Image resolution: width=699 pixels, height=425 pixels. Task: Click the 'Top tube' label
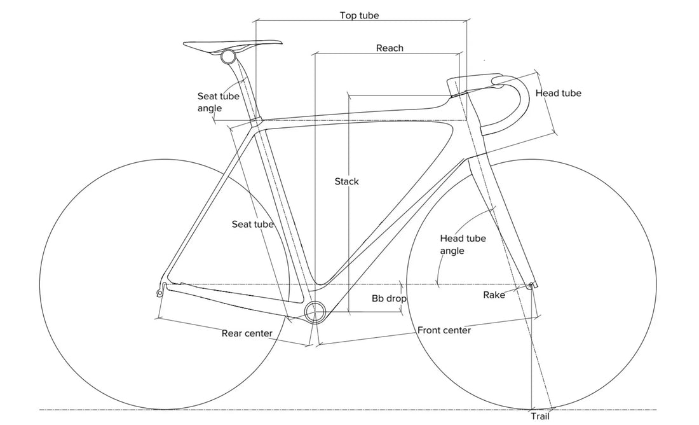359,15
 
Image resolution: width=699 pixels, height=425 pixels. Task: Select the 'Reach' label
390,48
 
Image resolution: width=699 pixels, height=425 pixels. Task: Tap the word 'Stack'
347,181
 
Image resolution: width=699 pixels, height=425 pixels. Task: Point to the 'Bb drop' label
389,298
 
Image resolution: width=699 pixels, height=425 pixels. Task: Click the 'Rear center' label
247,333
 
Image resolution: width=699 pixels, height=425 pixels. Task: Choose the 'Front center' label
444,330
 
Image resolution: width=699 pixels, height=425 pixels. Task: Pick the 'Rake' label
494,295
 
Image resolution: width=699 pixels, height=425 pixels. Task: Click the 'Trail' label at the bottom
540,417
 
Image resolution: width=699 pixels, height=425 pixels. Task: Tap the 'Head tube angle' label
463,244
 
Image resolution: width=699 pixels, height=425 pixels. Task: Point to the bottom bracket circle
315,312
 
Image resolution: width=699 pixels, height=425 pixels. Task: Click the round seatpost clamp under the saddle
228,57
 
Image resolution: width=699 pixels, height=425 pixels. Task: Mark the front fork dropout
531,286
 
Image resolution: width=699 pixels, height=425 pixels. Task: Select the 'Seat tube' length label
252,224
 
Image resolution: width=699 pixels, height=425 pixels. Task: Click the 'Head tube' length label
558,93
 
